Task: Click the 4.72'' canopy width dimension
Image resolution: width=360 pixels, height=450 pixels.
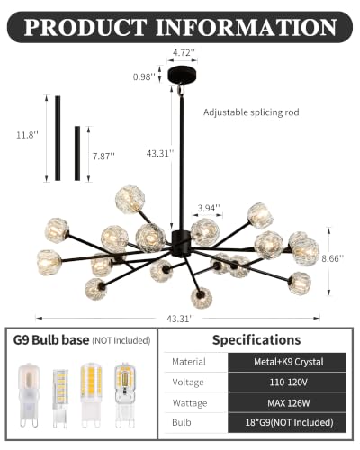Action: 182,53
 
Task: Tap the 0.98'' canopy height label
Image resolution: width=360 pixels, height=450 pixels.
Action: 144,76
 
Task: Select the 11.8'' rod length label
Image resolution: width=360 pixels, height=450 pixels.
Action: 27,135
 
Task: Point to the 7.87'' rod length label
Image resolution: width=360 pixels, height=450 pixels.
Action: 103,156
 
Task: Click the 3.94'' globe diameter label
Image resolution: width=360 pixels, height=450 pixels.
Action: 209,208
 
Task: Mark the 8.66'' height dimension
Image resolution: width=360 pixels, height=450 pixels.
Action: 332,258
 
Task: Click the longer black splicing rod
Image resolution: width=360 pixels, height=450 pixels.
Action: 58,138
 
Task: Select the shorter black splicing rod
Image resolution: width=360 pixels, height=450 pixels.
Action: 77,153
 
